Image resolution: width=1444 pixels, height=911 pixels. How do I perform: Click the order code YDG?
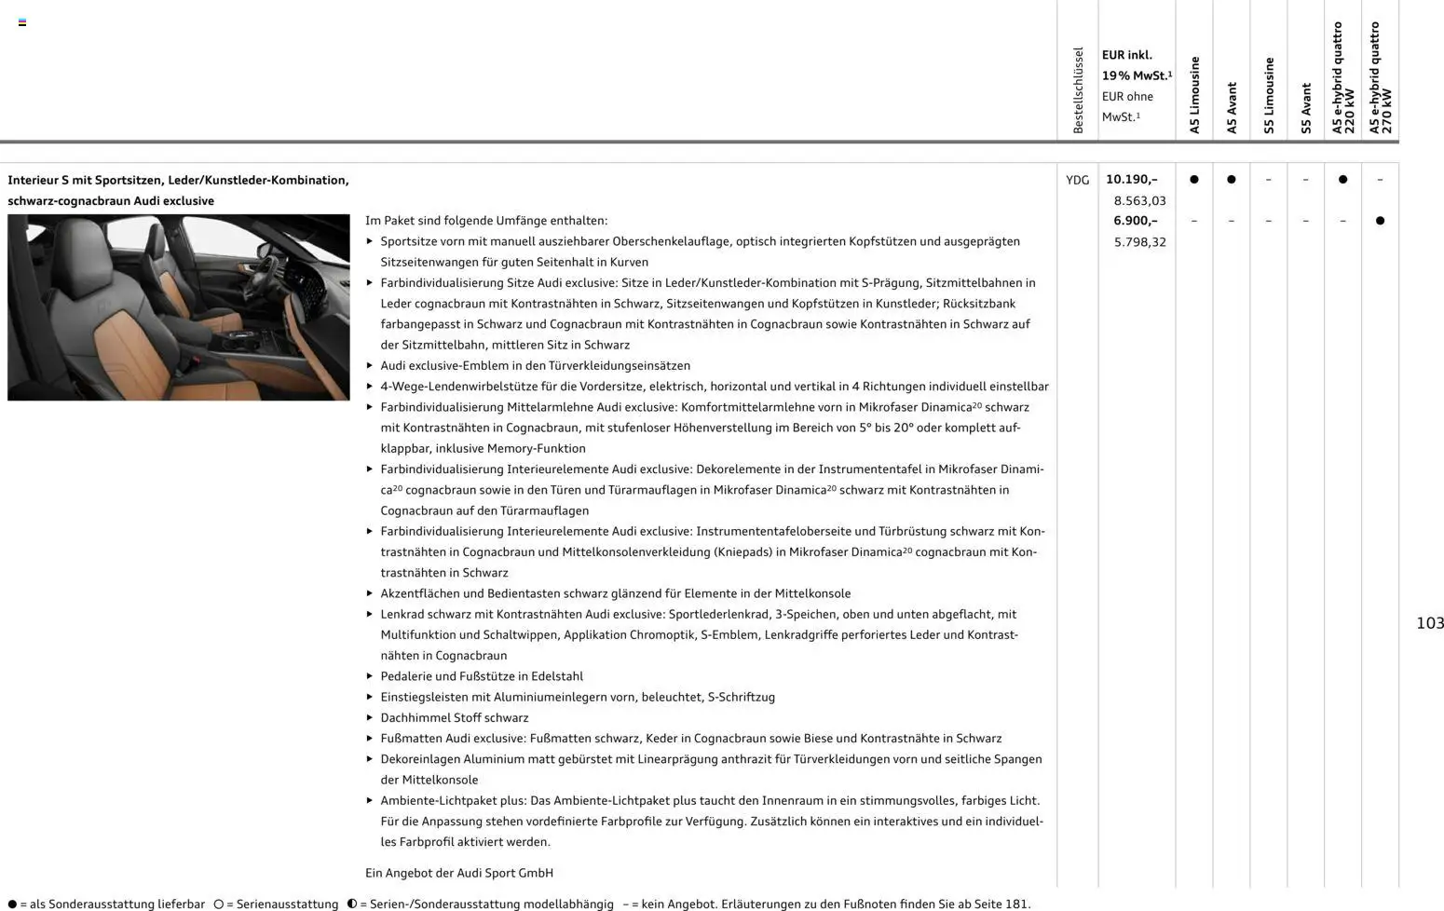[1077, 180]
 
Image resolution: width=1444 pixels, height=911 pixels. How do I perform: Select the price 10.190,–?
[1131, 180]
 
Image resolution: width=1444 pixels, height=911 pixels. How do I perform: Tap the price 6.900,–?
[1135, 221]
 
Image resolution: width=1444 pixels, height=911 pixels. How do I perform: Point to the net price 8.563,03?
[1139, 200]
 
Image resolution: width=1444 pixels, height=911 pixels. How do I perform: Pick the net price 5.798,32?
[1139, 242]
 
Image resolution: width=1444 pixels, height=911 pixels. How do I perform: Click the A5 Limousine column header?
[1194, 95]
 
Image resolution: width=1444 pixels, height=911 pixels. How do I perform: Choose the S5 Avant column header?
[1306, 108]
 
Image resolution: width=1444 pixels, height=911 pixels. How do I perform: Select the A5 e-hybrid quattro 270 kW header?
[1380, 78]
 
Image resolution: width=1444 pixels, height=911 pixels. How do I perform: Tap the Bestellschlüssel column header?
[1078, 90]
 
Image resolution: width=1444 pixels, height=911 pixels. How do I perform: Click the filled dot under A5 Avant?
[1231, 180]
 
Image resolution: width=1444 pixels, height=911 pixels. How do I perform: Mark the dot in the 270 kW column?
[1380, 221]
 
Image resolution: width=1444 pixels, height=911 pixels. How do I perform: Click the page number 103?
[1429, 623]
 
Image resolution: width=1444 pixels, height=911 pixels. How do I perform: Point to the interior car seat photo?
[179, 307]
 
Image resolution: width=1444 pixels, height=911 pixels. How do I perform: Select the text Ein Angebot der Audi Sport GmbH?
[458, 873]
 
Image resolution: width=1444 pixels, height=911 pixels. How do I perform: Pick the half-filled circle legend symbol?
[352, 904]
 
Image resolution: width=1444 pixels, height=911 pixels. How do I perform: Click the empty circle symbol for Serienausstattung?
[219, 904]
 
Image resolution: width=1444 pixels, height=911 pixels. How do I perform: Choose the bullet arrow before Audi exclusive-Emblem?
[370, 366]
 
